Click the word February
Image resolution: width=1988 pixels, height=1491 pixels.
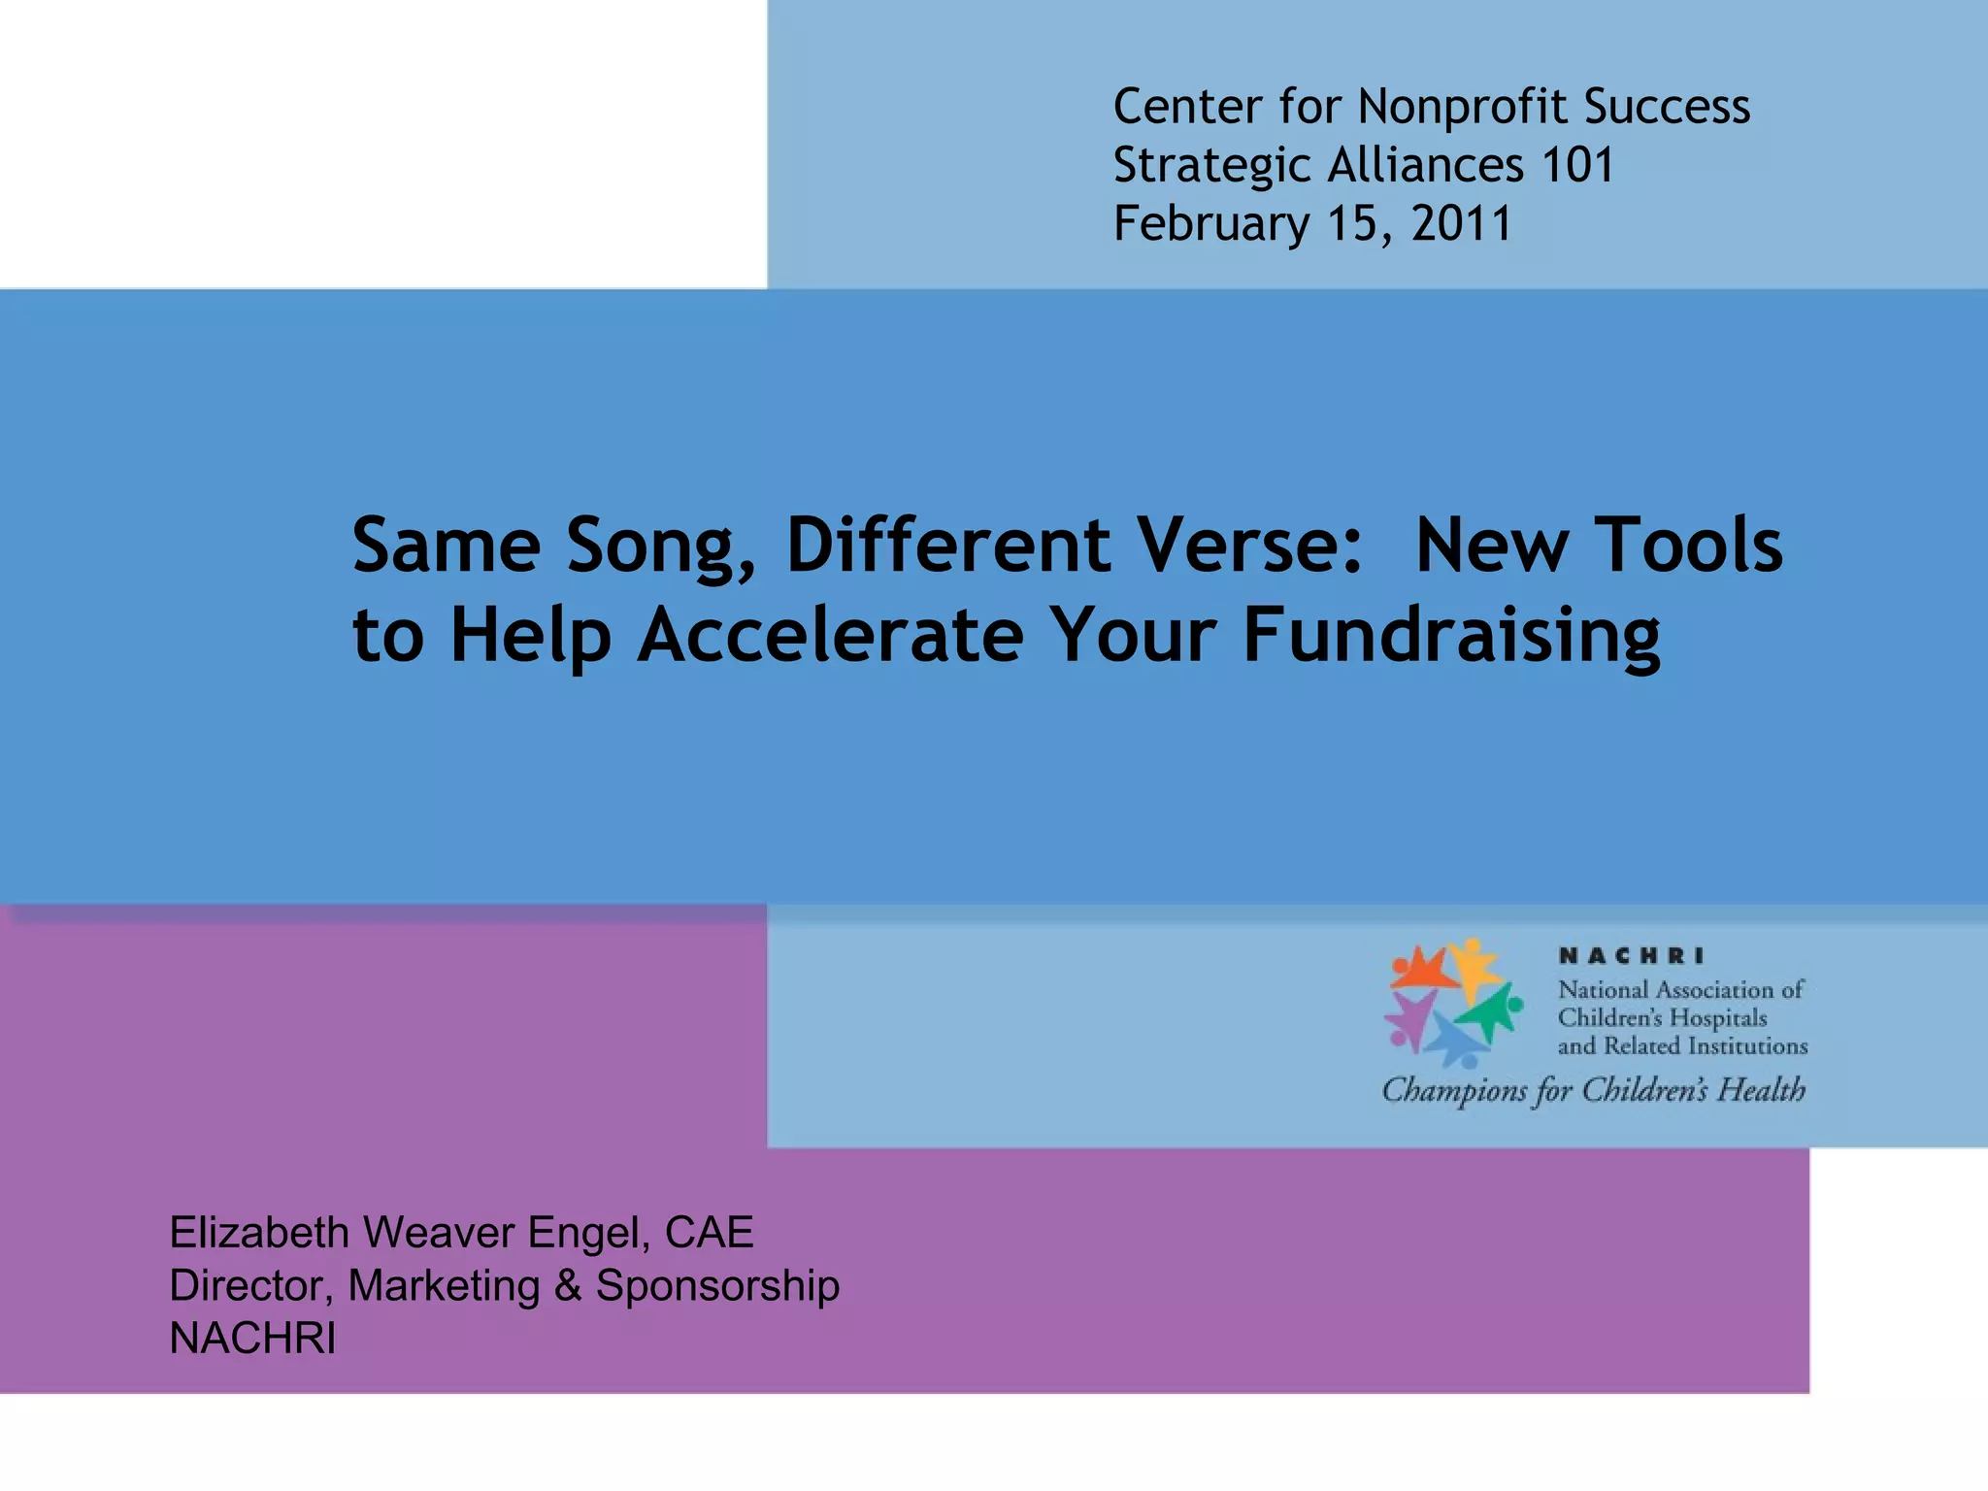coord(1210,225)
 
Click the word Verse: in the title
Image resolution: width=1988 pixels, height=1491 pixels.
coord(1252,546)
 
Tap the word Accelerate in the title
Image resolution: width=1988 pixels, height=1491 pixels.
coord(831,635)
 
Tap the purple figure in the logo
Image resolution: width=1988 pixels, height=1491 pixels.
coord(1408,1019)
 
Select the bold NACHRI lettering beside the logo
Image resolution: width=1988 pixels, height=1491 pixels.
coord(1631,956)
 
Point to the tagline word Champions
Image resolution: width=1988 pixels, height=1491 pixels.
coord(1454,1091)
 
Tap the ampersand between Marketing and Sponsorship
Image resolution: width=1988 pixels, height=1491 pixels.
coord(568,1286)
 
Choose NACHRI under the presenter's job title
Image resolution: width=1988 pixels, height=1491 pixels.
coord(252,1339)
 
